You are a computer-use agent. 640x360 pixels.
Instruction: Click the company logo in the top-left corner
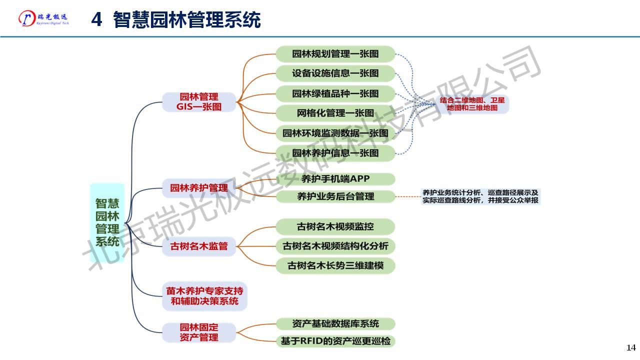tap(43, 18)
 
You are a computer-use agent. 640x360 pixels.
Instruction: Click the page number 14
tap(630, 347)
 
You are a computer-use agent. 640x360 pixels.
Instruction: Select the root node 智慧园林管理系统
tap(107, 222)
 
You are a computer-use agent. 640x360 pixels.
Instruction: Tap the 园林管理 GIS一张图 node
tap(198, 102)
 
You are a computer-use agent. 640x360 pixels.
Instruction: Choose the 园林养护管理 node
tap(198, 188)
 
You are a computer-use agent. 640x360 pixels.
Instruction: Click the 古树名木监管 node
tap(198, 246)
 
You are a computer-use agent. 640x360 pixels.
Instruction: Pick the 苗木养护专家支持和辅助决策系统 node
tap(204, 296)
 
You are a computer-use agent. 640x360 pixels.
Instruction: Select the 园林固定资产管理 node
tap(198, 332)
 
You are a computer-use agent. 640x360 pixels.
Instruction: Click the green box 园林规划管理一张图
tap(335, 54)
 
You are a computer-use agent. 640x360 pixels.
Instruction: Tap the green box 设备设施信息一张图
tap(335, 73)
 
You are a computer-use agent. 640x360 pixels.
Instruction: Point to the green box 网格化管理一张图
tap(335, 113)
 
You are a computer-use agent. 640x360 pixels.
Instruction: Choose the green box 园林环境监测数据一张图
tap(335, 133)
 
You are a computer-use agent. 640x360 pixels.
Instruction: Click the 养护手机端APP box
tap(335, 178)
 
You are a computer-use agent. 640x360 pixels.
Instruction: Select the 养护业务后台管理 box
tap(335, 196)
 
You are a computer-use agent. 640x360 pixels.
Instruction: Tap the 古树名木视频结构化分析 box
tap(335, 246)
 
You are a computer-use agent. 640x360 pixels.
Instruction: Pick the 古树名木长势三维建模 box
tap(335, 265)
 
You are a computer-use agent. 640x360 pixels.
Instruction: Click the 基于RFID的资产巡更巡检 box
tap(335, 341)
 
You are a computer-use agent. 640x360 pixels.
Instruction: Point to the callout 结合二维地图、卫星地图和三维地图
tap(472, 104)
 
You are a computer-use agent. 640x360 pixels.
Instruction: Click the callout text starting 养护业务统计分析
tap(480, 196)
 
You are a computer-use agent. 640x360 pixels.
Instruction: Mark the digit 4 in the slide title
tap(97, 20)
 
